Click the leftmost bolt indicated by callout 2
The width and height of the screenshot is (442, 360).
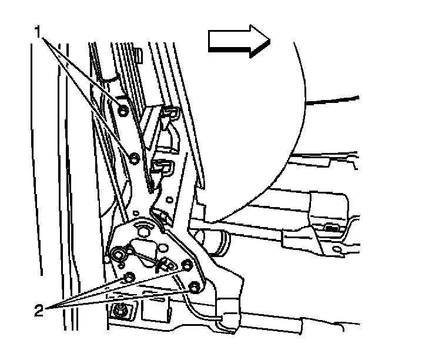click(x=130, y=276)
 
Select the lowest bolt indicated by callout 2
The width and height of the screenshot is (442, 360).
click(x=195, y=288)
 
